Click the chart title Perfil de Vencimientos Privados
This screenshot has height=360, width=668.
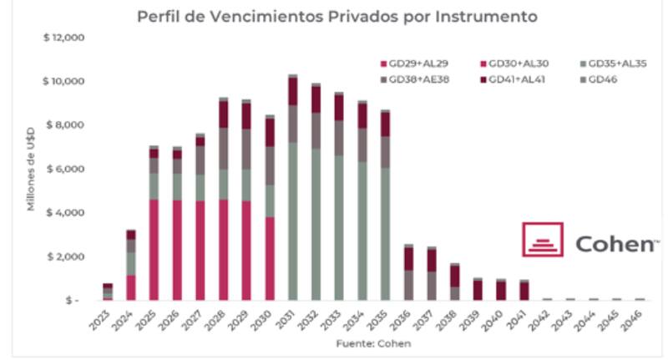tap(337, 17)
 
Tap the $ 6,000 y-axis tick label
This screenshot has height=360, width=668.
tap(66, 169)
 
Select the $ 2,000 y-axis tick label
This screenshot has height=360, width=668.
tap(66, 256)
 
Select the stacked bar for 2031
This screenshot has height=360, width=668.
tap(293, 188)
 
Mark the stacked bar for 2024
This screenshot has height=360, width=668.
tap(130, 265)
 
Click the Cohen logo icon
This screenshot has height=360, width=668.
tap(543, 240)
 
